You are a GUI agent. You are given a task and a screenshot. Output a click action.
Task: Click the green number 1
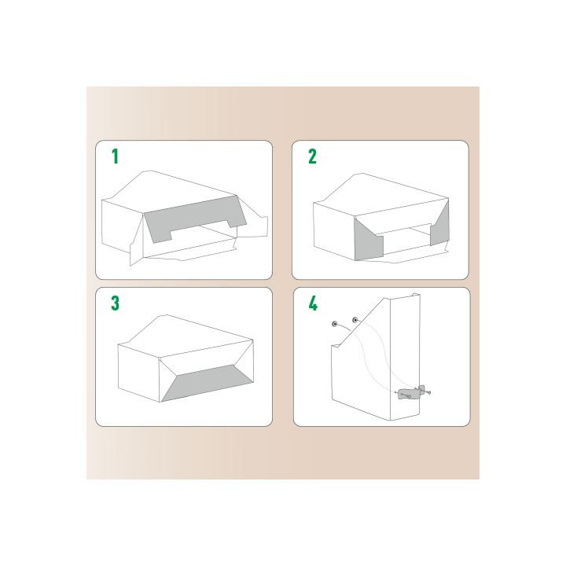pyautogui.click(x=115, y=156)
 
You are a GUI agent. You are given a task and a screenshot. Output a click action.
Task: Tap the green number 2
pyautogui.click(x=312, y=156)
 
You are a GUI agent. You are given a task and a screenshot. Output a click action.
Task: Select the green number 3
pyautogui.click(x=115, y=303)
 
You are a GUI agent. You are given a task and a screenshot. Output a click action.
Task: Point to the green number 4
pyautogui.click(x=312, y=303)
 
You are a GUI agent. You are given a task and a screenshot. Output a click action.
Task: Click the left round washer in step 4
pyautogui.click(x=335, y=323)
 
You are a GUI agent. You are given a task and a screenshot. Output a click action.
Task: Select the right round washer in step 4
pyautogui.click(x=355, y=320)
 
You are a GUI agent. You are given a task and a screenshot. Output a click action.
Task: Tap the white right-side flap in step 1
pyautogui.click(x=255, y=220)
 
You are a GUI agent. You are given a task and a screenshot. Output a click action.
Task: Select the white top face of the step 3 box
pyautogui.click(x=185, y=334)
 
